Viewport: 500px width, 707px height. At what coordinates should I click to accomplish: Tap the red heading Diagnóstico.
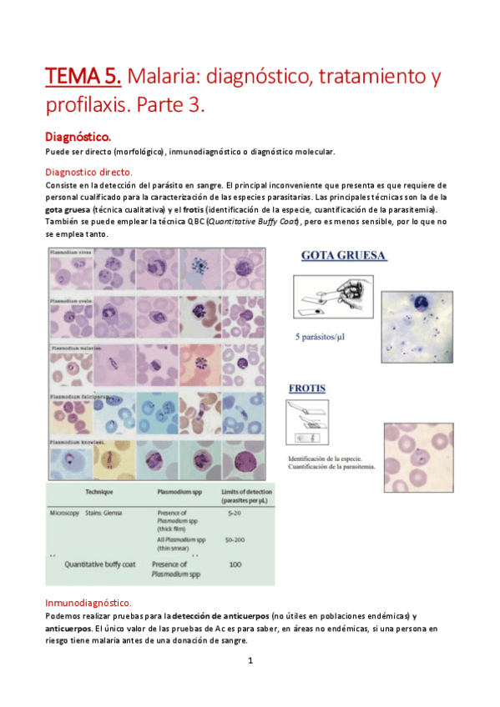click(x=82, y=135)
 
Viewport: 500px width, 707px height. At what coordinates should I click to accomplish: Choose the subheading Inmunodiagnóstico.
click(x=88, y=602)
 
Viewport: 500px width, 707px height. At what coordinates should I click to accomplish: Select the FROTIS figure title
click(x=307, y=388)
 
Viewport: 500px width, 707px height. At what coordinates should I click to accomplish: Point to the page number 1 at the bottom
click(x=250, y=661)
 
